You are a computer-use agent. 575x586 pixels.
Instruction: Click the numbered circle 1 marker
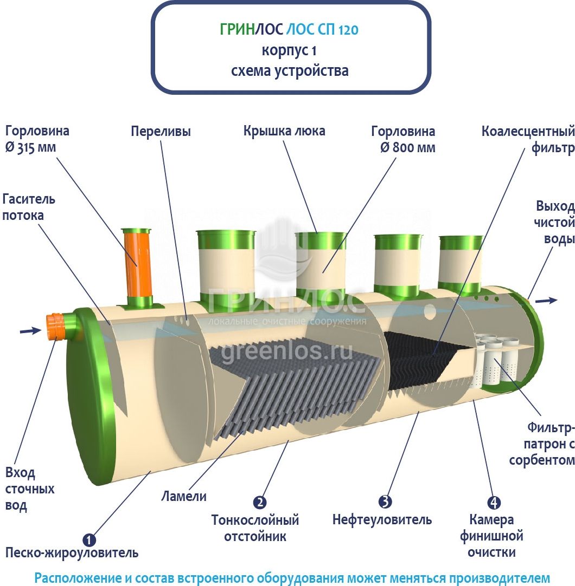click(89, 539)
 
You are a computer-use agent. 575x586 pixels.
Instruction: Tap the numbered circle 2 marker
click(259, 502)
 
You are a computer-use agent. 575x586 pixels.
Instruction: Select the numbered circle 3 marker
click(385, 502)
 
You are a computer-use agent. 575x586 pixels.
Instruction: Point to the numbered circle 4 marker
click(494, 502)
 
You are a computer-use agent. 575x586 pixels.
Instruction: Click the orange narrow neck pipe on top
click(137, 263)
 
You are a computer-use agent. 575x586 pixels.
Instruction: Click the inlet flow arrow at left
click(31, 330)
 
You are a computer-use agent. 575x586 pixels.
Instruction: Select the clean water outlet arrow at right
click(547, 300)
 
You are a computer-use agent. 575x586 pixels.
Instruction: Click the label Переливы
click(161, 132)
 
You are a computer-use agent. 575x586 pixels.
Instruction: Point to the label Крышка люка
click(284, 131)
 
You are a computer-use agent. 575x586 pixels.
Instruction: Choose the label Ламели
click(184, 496)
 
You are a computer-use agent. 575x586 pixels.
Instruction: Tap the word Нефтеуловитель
click(382, 520)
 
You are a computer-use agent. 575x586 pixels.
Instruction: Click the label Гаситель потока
click(28, 207)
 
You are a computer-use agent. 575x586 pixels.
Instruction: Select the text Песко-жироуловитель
click(72, 552)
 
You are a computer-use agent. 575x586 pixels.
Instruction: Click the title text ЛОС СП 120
click(322, 29)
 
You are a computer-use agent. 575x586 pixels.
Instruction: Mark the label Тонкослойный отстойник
click(255, 528)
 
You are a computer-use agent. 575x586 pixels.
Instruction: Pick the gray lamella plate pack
click(292, 389)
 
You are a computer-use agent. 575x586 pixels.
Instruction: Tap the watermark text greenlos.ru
click(286, 352)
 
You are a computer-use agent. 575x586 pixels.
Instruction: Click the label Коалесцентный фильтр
click(528, 139)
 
